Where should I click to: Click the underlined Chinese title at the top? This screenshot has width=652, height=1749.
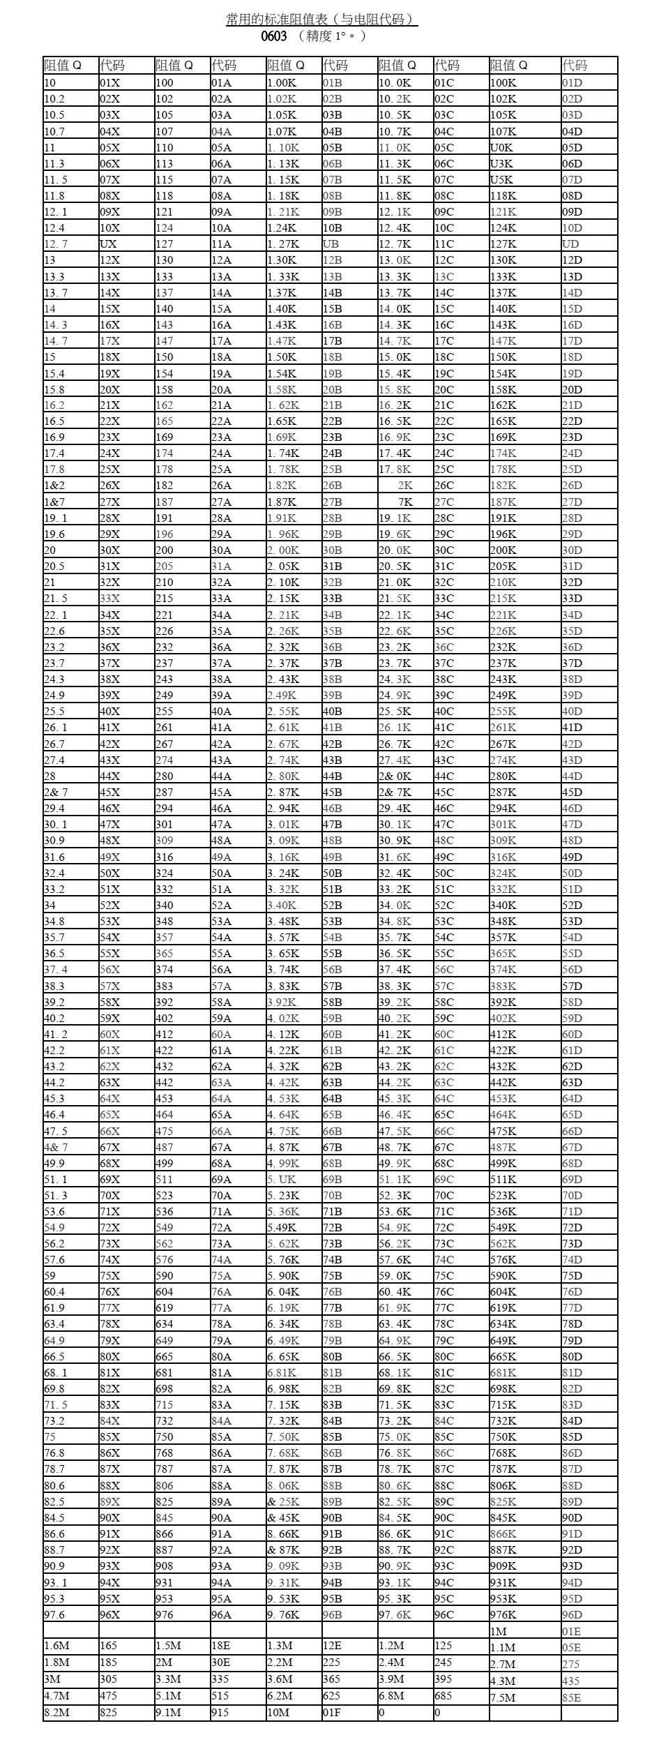tap(321, 20)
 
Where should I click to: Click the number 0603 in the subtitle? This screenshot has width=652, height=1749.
tap(274, 36)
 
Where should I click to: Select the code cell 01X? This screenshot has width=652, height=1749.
tap(110, 83)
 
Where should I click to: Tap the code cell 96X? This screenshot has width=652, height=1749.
tap(110, 1614)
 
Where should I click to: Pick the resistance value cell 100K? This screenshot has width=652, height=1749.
tap(503, 83)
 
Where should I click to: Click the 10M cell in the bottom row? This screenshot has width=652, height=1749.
tap(278, 1712)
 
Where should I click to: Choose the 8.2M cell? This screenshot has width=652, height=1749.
tap(56, 1712)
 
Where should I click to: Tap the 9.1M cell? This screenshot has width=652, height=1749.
tap(168, 1712)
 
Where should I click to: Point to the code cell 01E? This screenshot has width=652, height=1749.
tap(572, 1631)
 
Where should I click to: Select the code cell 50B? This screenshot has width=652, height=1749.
tap(333, 873)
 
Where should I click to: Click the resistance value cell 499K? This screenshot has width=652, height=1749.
tap(503, 1163)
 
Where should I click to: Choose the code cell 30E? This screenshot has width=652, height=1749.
tap(221, 1662)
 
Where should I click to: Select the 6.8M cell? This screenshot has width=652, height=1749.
tap(392, 1695)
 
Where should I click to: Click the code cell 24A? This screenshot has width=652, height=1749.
tap(221, 453)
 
